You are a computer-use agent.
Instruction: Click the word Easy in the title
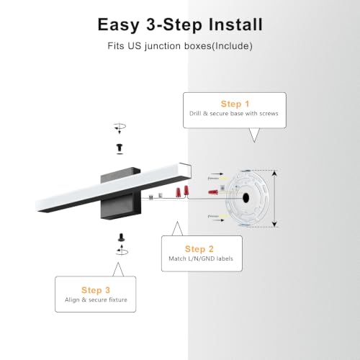(119, 25)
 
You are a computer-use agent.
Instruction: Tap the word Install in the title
(235, 24)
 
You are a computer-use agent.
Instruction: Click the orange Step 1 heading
(235, 104)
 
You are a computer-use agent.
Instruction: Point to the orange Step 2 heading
(199, 249)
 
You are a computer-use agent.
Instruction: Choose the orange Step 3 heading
(96, 290)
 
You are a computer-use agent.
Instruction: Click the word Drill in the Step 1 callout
(195, 114)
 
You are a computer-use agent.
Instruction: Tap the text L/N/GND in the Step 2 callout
(201, 258)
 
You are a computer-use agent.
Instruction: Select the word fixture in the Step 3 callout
(117, 300)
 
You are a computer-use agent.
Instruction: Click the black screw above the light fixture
(120, 148)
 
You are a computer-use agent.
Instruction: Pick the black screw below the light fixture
(122, 238)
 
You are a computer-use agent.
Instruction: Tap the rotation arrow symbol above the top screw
(120, 127)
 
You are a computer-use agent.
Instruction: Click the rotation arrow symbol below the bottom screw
(122, 251)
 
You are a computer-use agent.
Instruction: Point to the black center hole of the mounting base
(246, 198)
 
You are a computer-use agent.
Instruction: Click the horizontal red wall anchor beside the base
(213, 192)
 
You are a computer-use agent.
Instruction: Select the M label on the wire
(150, 197)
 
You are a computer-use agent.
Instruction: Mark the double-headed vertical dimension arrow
(275, 199)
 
